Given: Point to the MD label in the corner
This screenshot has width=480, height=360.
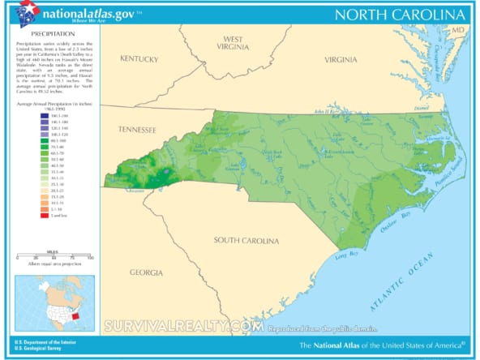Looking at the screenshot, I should click(x=459, y=29).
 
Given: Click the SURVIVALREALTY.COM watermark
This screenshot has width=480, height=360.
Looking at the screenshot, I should click(x=183, y=326).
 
